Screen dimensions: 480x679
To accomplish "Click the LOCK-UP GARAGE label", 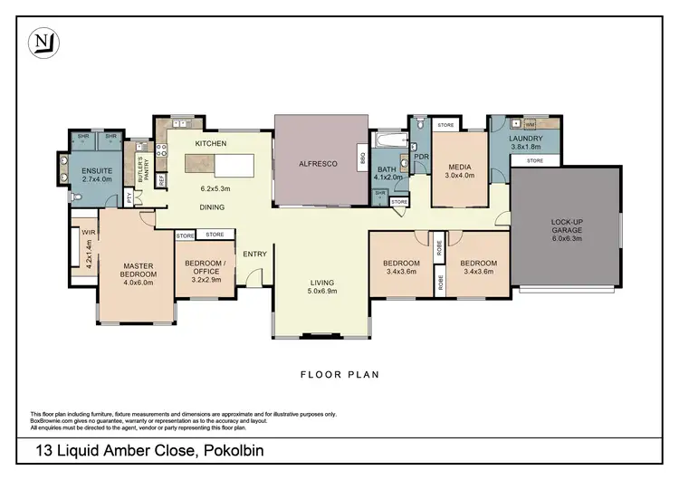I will (x=566, y=226).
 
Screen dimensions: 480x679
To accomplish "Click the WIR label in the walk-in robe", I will (x=87, y=232).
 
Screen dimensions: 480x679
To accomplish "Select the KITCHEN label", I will (x=210, y=145).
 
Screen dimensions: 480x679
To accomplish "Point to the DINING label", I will (x=213, y=207).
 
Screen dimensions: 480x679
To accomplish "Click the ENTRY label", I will (x=254, y=254).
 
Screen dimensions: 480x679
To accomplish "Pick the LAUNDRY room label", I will (x=526, y=138).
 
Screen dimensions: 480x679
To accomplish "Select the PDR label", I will (x=421, y=157).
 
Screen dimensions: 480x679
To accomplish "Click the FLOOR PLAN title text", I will (x=339, y=373).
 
